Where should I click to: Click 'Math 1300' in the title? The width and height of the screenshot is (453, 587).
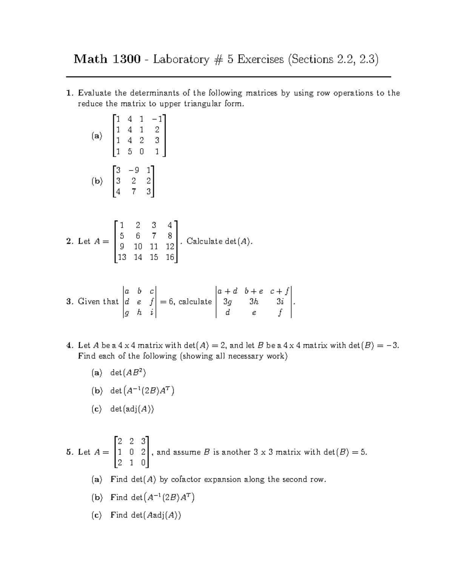point(107,59)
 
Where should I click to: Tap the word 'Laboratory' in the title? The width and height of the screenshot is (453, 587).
point(181,59)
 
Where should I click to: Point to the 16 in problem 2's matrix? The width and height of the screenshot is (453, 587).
point(169,257)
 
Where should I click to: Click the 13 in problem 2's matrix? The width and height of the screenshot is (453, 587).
point(122,257)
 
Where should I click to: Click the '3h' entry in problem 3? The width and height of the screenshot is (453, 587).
point(254,302)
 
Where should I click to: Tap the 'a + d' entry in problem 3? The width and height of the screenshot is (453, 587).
point(228,291)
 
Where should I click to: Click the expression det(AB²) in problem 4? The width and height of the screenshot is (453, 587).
point(128,373)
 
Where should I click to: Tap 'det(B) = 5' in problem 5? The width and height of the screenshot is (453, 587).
point(345,452)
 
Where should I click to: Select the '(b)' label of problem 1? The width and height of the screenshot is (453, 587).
point(97,181)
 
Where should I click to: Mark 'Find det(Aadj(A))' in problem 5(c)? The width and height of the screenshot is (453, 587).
point(146,515)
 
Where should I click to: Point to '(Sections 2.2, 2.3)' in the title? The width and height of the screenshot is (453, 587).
point(333,59)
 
